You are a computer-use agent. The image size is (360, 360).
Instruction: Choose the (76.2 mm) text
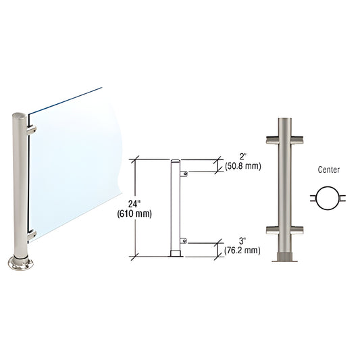[x=241, y=251]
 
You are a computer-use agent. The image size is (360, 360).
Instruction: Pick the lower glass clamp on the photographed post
[x=30, y=234]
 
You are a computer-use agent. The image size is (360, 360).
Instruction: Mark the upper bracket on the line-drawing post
[x=183, y=174]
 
